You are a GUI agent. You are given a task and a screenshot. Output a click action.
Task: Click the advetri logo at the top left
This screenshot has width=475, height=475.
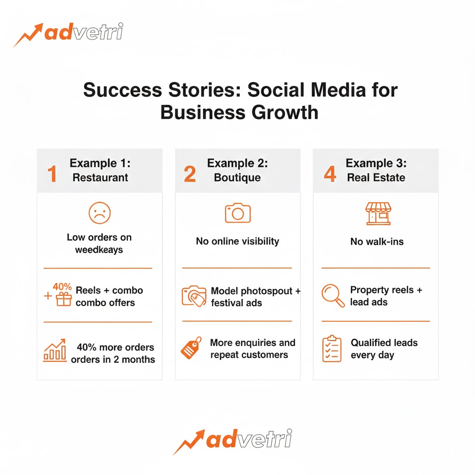pos(69,34)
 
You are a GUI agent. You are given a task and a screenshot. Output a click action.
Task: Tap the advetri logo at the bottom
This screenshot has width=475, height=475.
pos(233,441)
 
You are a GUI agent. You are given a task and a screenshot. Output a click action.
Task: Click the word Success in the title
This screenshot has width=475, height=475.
pos(122,90)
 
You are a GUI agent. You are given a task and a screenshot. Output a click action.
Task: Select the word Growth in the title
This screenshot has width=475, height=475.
pos(285,112)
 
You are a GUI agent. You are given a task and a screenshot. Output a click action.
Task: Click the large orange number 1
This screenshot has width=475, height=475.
pos(52,174)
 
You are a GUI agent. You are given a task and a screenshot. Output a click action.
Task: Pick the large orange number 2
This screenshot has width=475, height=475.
pos(190,174)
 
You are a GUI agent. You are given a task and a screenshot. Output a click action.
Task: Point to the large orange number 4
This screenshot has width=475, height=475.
pos(330,174)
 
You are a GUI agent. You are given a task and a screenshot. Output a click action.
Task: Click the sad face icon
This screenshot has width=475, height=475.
pos(100,213)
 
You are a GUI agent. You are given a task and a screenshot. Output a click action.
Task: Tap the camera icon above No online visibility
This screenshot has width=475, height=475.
pos(238,213)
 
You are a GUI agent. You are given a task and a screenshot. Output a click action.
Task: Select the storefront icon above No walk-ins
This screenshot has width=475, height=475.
pos(379,213)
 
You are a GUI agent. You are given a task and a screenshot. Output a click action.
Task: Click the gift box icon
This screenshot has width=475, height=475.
pos(64,299)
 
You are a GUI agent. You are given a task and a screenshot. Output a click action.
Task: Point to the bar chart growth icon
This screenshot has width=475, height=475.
pos(55,350)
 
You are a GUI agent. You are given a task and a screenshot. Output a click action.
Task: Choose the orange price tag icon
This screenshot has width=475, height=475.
pos(191,348)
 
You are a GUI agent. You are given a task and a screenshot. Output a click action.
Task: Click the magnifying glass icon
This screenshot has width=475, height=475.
pos(333,295)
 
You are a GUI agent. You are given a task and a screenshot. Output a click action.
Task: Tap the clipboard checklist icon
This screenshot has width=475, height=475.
pos(332,348)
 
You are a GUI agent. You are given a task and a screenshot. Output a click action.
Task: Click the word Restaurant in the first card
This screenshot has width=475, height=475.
pos(100,178)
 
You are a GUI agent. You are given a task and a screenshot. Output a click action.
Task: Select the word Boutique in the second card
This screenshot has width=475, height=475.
pos(237,178)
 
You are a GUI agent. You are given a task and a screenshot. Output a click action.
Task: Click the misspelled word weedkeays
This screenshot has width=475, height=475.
pos(99,250)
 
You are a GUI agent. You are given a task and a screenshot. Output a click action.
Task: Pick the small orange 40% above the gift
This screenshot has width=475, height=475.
pos(62,286)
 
